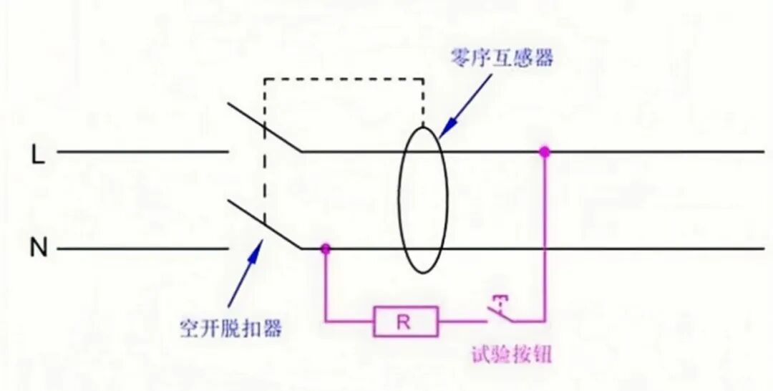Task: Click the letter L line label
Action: [38, 153]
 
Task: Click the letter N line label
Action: [38, 249]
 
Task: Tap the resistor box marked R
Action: [405, 322]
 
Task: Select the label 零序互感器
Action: [502, 58]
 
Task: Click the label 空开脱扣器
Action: [230, 329]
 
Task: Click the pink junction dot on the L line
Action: [545, 152]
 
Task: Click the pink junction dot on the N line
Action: [326, 248]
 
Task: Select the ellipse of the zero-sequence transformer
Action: [423, 201]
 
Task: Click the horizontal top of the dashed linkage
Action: [344, 79]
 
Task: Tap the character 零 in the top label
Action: [460, 58]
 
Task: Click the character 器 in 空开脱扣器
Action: [272, 329]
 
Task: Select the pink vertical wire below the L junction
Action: [545, 236]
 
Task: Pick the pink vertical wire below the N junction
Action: [326, 286]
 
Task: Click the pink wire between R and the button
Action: [462, 322]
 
